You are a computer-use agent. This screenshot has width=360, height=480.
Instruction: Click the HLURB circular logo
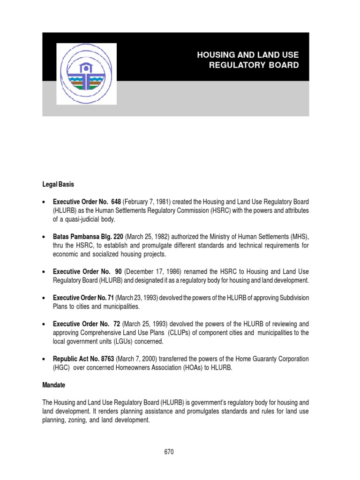(87, 74)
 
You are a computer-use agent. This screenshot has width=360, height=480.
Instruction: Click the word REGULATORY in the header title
(237, 65)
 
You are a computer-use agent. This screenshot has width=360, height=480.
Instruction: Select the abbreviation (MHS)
(298, 237)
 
